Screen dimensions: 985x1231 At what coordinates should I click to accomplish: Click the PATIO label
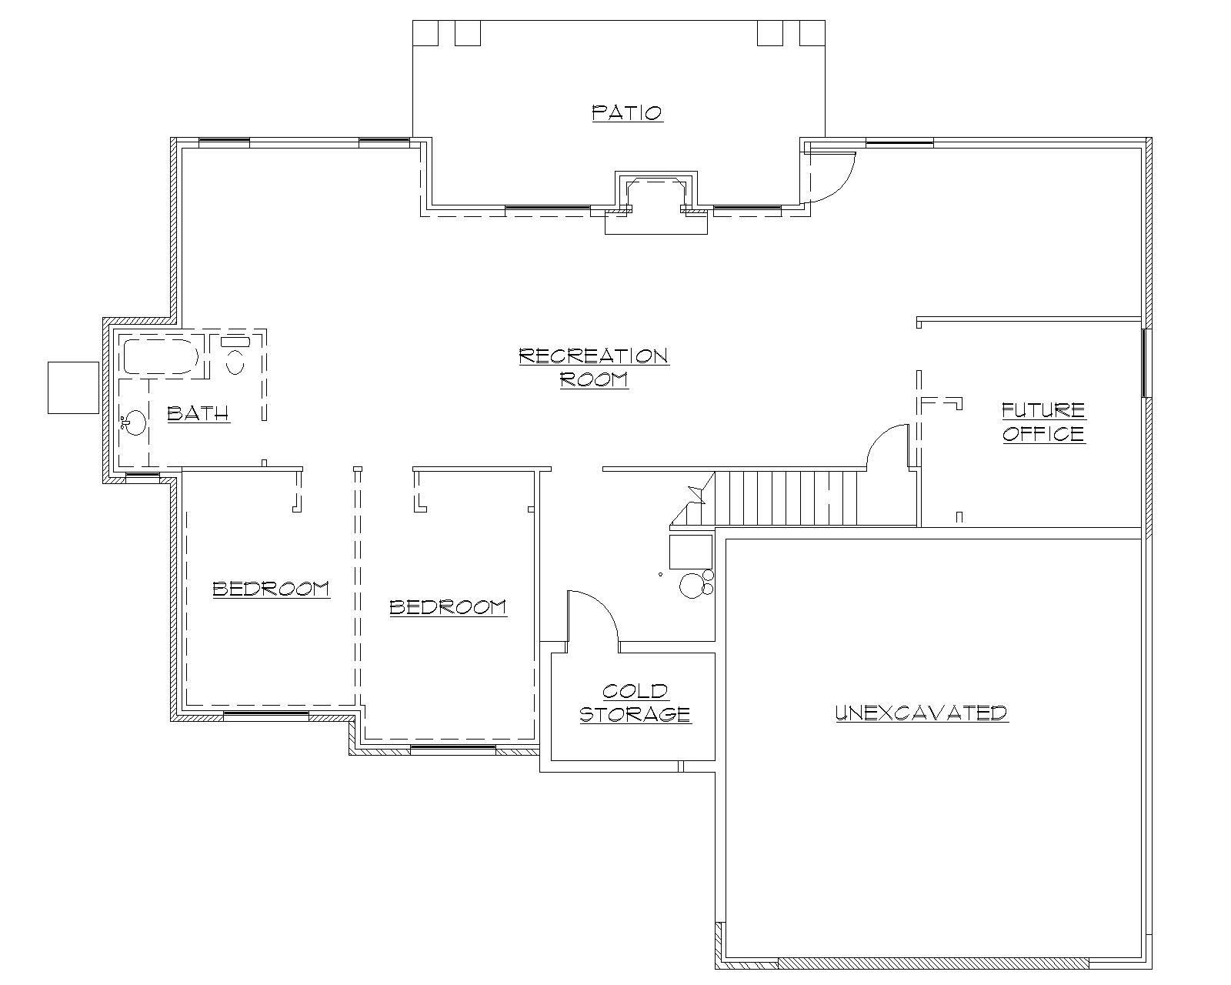(627, 113)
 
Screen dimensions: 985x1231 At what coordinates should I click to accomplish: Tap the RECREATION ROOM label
(594, 367)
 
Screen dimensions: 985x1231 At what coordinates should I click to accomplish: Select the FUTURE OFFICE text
(1043, 422)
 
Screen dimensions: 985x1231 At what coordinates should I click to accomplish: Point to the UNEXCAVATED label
(922, 713)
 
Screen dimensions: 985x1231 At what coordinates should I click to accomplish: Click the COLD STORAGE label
(635, 703)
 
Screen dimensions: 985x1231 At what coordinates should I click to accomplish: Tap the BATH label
(198, 414)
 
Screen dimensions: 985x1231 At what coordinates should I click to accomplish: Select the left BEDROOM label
(271, 589)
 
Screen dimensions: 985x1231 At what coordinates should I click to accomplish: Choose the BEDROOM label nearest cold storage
(448, 607)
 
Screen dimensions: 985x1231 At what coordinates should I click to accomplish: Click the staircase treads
(785, 498)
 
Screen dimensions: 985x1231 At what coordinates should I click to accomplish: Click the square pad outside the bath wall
(73, 387)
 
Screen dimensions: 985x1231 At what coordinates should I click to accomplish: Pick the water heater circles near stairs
(693, 584)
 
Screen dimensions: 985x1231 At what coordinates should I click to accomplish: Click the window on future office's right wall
(1146, 363)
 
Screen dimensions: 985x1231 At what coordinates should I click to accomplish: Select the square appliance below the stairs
(690, 552)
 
